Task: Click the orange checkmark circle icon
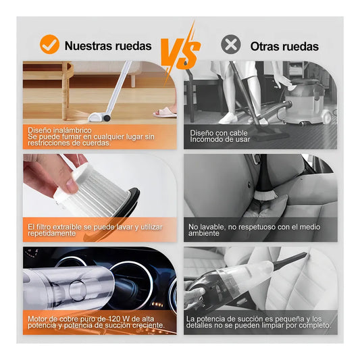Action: pos(49,45)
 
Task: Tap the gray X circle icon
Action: pos(231,45)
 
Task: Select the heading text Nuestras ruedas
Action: pos(108,46)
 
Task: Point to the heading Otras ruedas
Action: pos(284,47)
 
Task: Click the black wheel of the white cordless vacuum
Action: pos(106,118)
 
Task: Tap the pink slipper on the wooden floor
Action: pos(165,112)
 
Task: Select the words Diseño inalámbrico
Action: pos(59,130)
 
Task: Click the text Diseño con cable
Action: pos(219,133)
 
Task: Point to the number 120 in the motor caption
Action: pos(115,319)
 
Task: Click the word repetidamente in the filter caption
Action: pos(51,233)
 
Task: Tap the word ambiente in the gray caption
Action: pos(204,233)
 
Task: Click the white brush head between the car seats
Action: pos(265,195)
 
